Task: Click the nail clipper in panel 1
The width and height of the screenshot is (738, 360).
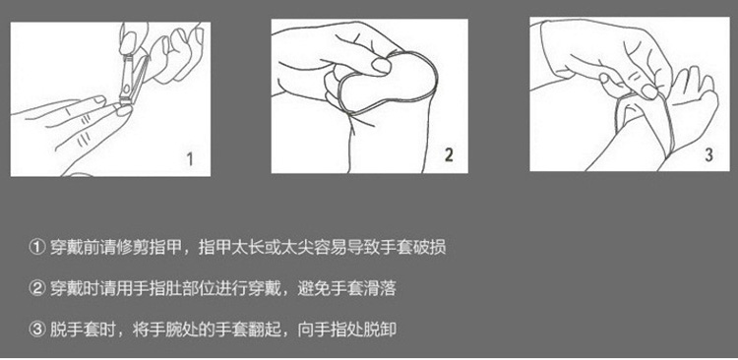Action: [131, 78]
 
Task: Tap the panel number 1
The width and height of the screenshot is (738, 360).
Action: [190, 159]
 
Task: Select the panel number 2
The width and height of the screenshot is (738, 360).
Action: [449, 154]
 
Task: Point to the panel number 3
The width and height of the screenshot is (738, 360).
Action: [708, 154]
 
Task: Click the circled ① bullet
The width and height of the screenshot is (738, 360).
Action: [36, 247]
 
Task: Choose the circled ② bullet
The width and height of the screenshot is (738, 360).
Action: [36, 288]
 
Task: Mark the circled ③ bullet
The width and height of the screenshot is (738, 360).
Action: [36, 329]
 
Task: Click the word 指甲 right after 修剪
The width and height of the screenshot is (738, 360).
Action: [165, 247]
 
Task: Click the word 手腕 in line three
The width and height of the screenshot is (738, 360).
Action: [165, 329]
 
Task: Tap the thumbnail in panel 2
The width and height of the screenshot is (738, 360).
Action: [381, 66]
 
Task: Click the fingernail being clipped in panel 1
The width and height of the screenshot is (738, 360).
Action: [124, 110]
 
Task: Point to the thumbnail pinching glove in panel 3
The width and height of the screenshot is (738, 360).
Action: [649, 91]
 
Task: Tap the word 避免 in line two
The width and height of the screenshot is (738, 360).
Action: [314, 288]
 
